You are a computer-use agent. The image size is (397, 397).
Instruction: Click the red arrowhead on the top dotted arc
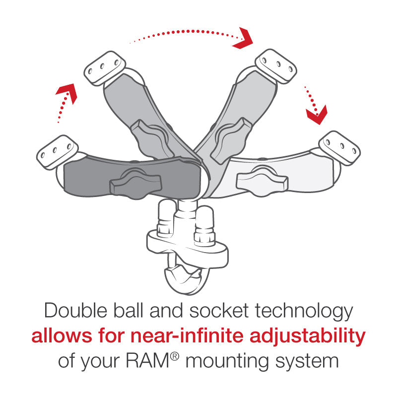tap(243, 39)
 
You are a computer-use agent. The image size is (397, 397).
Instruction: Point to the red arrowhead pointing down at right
tap(316, 115)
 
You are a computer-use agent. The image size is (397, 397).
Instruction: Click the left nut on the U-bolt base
tap(164, 221)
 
